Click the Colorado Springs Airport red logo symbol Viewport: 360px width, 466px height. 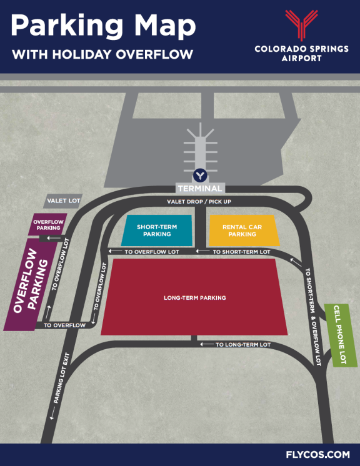[x=301, y=26]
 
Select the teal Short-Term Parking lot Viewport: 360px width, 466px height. [x=156, y=230]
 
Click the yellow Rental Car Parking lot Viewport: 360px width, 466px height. [x=242, y=230]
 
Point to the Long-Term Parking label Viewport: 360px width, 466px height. [x=194, y=298]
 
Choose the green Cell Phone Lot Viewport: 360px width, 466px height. [x=339, y=334]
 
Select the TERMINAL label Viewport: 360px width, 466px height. [x=199, y=188]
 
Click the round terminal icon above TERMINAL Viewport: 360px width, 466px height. [x=199, y=176]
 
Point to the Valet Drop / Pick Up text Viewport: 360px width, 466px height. [x=199, y=202]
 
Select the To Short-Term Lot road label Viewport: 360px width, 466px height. [x=241, y=252]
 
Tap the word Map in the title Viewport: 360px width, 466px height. [x=162, y=26]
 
